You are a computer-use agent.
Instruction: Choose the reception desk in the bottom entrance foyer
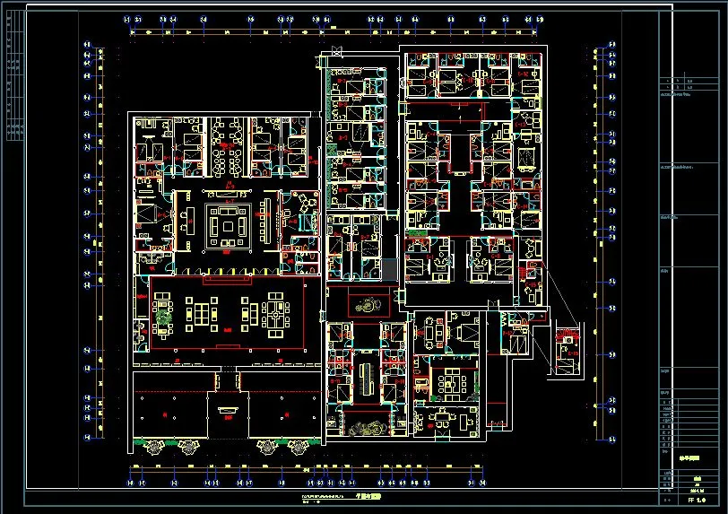click(226, 412)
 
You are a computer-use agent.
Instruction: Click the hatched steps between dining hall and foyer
click(226, 381)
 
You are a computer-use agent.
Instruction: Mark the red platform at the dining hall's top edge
click(226, 281)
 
